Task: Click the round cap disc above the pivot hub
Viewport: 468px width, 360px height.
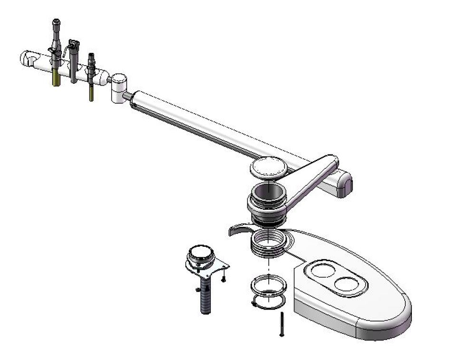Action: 269,167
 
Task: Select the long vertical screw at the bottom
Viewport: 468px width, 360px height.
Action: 282,325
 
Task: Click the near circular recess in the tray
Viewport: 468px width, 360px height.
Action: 350,284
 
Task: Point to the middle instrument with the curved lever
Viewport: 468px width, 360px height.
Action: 73,59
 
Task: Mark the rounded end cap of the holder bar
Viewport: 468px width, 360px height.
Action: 27,59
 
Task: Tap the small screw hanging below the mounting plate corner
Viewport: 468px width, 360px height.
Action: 223,279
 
